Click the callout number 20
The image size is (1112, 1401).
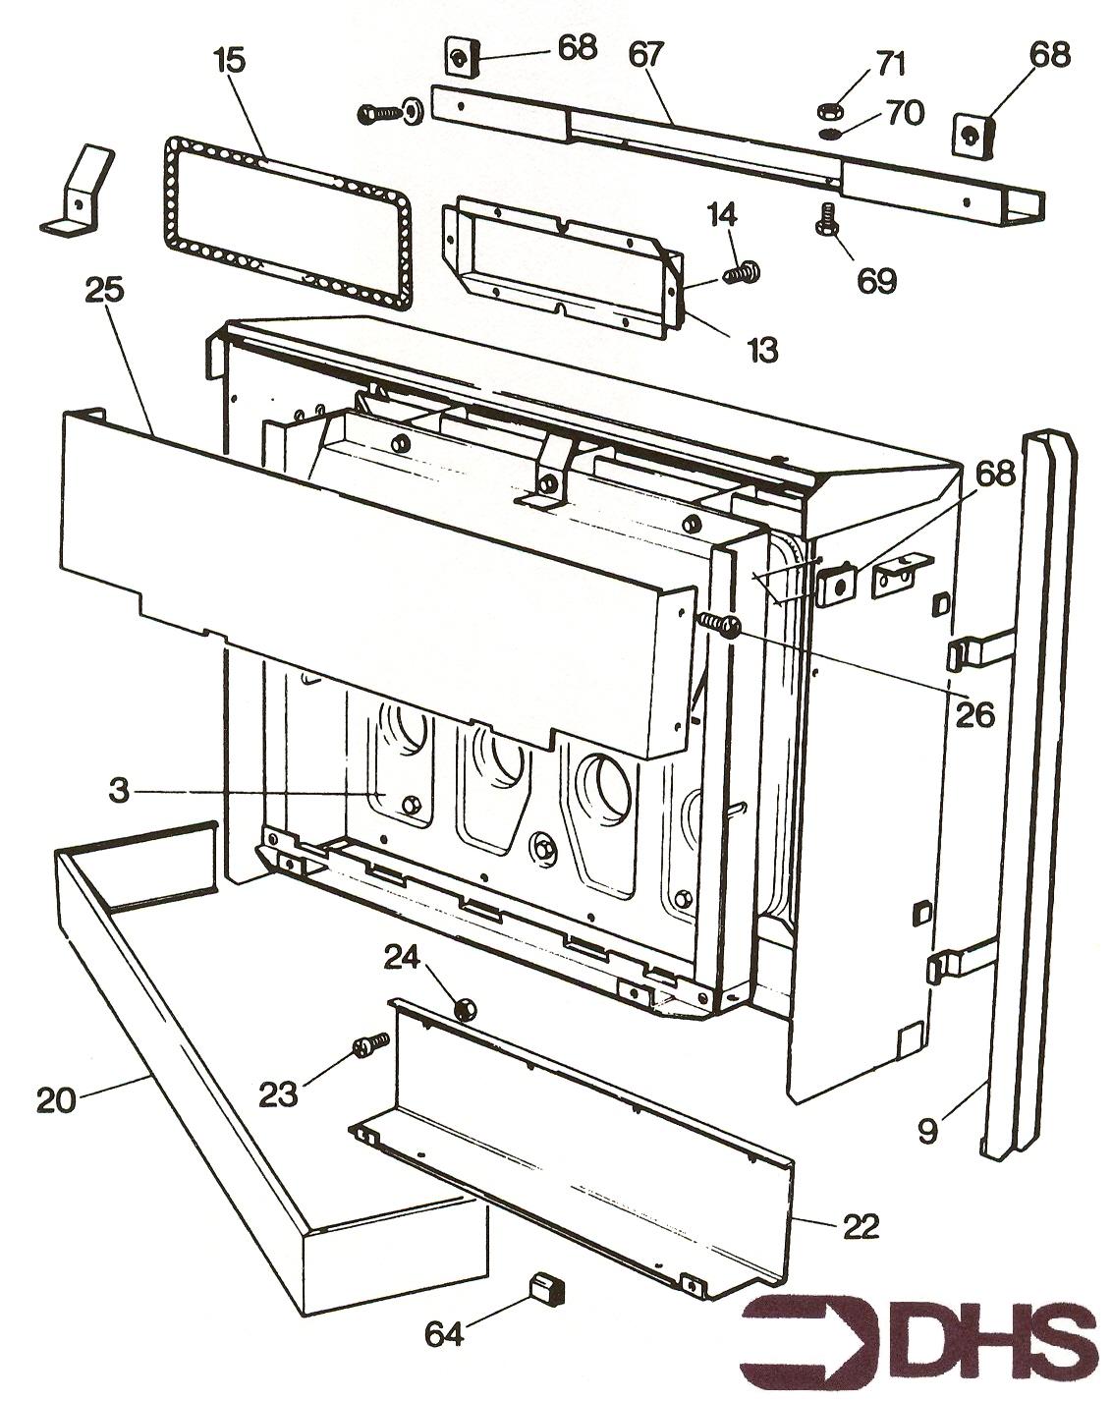56,1099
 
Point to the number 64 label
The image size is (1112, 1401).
444,1333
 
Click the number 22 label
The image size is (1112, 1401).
860,1227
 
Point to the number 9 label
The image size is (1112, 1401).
927,1130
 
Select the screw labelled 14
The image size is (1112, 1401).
744,271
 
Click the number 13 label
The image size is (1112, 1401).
761,349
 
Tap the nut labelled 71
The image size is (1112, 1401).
828,108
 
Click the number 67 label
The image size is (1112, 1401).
647,55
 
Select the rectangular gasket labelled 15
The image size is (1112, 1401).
286,224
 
